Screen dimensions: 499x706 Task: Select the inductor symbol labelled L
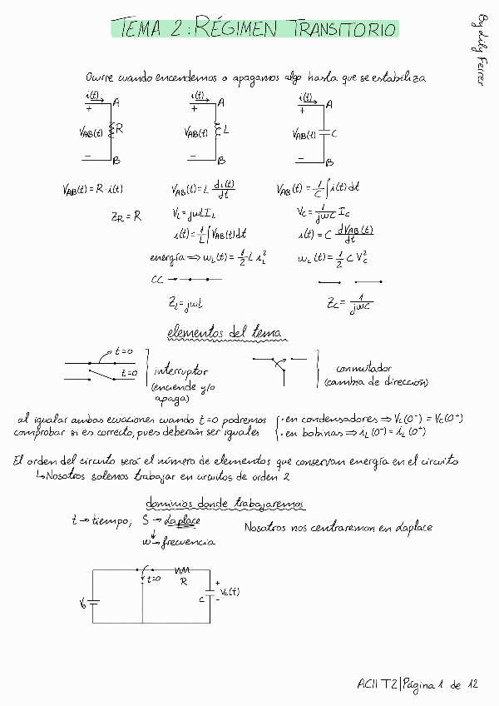tap(218, 130)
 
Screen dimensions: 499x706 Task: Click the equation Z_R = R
tap(126, 216)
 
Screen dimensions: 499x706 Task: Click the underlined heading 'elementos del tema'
tap(224, 333)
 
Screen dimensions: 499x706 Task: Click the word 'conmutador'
tap(364, 368)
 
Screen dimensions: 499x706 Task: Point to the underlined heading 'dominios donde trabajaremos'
tap(225, 504)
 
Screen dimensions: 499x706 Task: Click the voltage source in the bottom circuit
tap(91, 601)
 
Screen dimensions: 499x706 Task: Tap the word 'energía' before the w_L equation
tap(167, 258)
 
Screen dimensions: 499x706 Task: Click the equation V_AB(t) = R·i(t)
tap(92, 189)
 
